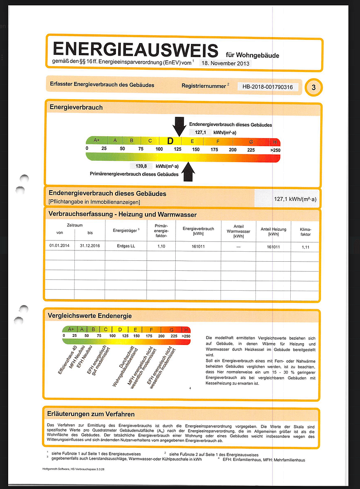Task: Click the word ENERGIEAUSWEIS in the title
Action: coord(135,50)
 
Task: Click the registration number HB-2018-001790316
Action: coord(268,86)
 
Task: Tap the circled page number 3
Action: coord(313,87)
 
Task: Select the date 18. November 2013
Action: coord(225,63)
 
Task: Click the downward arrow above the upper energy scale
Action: coord(179,126)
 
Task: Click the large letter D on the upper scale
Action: coord(170,141)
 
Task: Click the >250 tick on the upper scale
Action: coord(275,149)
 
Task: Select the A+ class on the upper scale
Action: coord(96,141)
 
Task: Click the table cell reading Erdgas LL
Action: coord(126,246)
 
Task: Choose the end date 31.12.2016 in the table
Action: coord(90,246)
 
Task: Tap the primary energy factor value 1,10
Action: coord(161,246)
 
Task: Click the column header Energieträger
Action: coord(126,230)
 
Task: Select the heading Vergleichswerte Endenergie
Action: coord(90,316)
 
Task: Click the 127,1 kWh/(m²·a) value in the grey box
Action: coord(295,199)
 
